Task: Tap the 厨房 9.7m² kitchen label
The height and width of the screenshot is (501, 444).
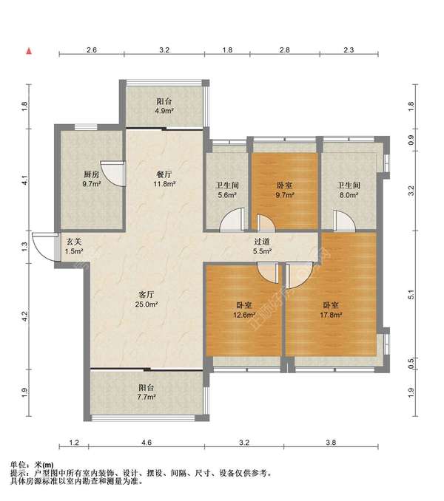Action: [x=92, y=180]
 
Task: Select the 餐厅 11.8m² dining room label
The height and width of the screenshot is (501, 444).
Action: [x=164, y=180]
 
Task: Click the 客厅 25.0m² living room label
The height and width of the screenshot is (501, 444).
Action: [x=145, y=299]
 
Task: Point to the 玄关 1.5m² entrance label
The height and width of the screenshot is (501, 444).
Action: [x=73, y=246]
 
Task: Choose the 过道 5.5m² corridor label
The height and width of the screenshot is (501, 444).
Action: [x=263, y=246]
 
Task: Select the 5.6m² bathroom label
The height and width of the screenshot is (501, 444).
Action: [x=226, y=191]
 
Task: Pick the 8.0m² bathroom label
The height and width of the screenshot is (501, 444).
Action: [x=349, y=191]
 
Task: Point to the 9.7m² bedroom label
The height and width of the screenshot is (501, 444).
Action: [x=285, y=191]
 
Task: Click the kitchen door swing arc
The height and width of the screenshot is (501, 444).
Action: [x=111, y=172]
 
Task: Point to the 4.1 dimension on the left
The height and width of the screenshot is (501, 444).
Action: [x=24, y=179]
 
